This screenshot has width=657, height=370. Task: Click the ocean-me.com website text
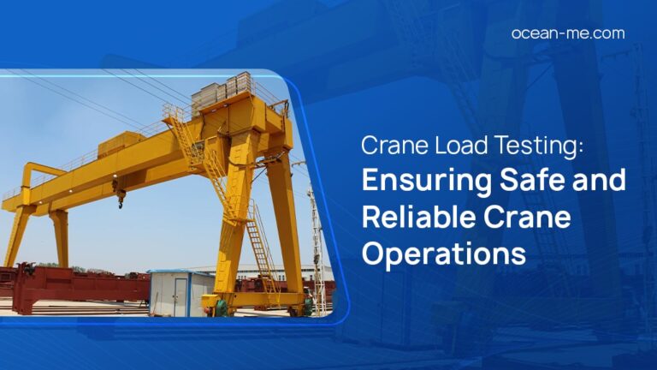pos(567,33)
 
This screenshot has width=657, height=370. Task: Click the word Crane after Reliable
pos(536,218)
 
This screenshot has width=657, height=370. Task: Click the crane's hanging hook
pos(121,198)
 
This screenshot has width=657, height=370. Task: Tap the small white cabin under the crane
pos(180,292)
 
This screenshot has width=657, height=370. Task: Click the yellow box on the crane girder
pos(120,145)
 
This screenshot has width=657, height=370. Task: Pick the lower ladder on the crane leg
pos(259,248)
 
